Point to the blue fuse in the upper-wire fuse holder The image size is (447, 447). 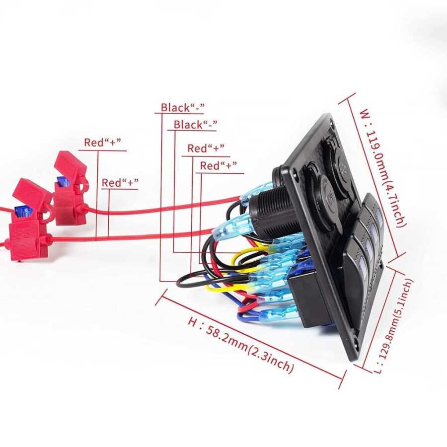[x=63, y=182]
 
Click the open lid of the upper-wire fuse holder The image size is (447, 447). [x=70, y=164]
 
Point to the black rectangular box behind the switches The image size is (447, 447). [x=306, y=299]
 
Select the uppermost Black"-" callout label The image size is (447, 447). [x=183, y=107]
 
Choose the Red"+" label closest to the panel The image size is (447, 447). [x=218, y=166]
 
